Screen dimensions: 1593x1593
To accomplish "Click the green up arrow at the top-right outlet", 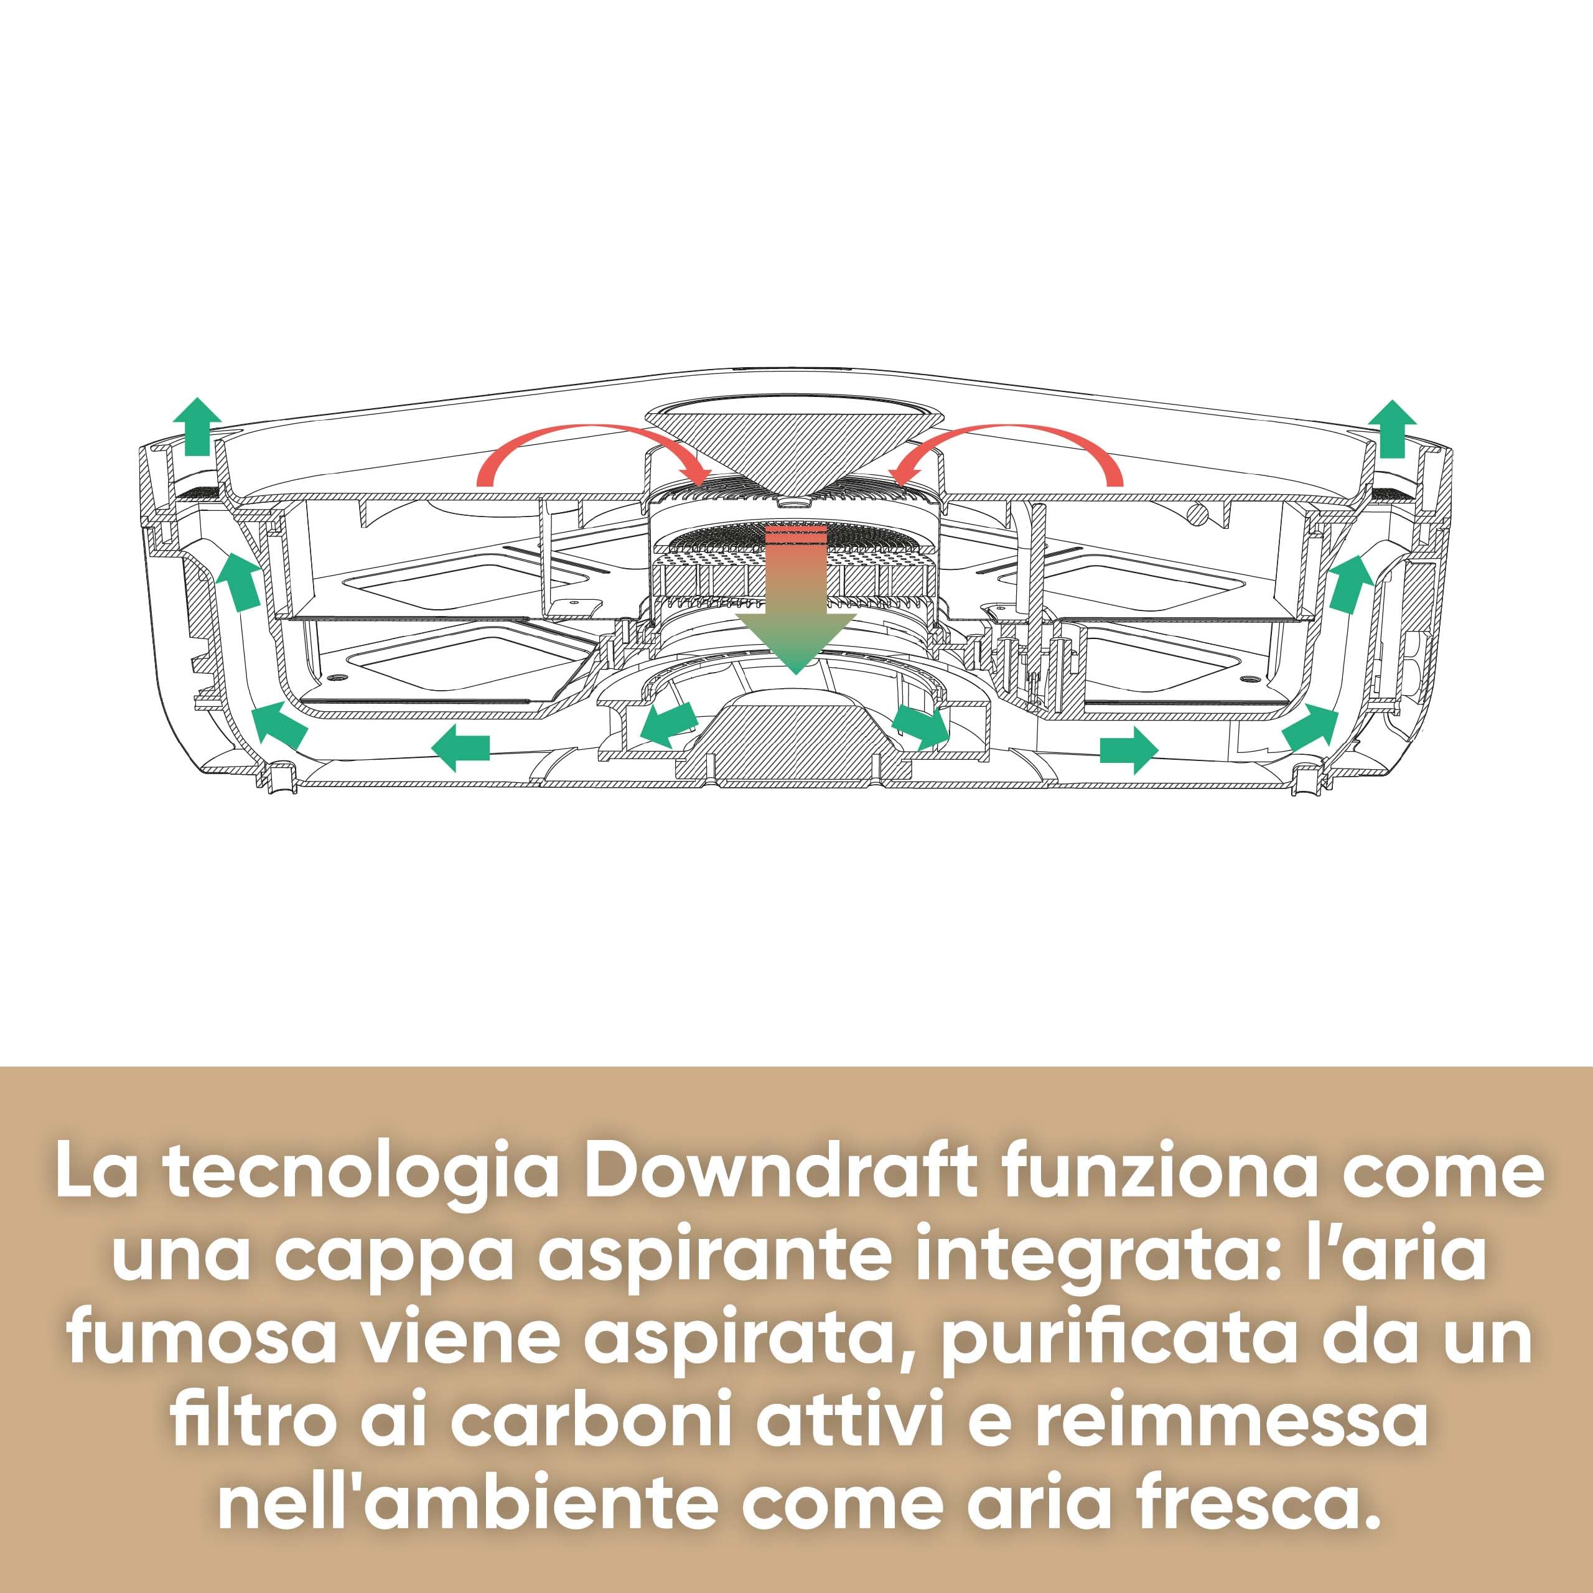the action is click(1393, 429).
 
